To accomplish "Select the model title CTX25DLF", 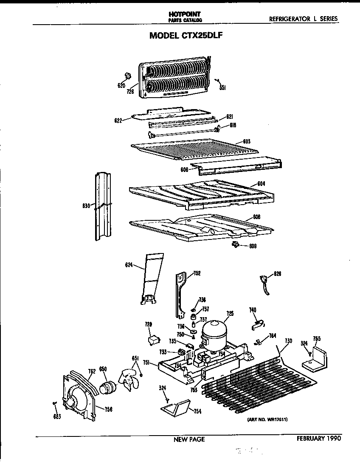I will (x=186, y=36).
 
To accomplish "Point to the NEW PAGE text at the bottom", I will (x=189, y=439).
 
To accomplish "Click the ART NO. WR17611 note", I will (x=267, y=419).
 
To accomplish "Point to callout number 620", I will (x=121, y=85).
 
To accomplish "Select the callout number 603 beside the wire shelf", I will (x=247, y=141).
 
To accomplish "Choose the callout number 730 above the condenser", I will (x=288, y=341).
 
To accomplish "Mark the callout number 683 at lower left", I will (x=57, y=416).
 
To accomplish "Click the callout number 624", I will (x=129, y=265).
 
